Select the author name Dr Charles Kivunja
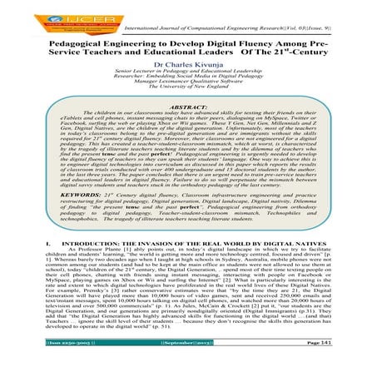pyautogui.click(x=189, y=66)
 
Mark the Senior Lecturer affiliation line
pyautogui.click(x=189, y=77)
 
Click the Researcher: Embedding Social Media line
pyautogui.click(x=189, y=85)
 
